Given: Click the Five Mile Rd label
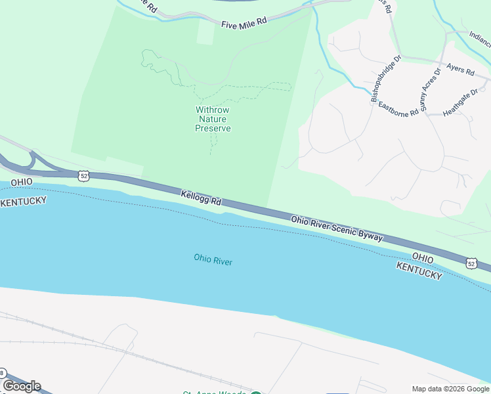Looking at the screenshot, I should [244, 22].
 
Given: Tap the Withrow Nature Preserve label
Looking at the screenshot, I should [213, 120].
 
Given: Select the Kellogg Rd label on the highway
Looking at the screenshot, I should [201, 197].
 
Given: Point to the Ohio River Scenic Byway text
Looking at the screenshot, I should [337, 227].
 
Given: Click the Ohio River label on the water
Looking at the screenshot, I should [213, 260].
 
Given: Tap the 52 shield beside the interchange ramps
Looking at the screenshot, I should [82, 175].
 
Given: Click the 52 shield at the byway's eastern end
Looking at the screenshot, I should [471, 263].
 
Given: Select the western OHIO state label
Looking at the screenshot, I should [21, 182].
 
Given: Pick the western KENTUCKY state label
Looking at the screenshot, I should [23, 201].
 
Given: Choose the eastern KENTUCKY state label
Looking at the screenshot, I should [419, 270].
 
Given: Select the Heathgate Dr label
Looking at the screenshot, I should [460, 103].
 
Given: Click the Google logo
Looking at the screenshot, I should [22, 386].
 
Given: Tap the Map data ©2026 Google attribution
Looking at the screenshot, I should [450, 389].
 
